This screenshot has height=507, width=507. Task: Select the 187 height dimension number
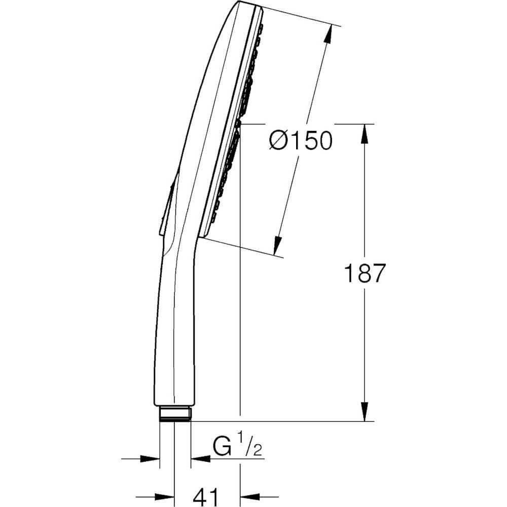coord(365,273)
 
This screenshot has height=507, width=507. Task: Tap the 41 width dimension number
coord(207,495)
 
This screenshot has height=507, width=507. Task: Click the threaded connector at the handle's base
coord(175,415)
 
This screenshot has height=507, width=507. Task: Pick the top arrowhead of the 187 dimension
coord(365,133)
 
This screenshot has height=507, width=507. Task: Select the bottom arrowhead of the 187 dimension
coord(365,412)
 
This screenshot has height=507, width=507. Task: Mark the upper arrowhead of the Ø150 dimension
coord(328,33)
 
